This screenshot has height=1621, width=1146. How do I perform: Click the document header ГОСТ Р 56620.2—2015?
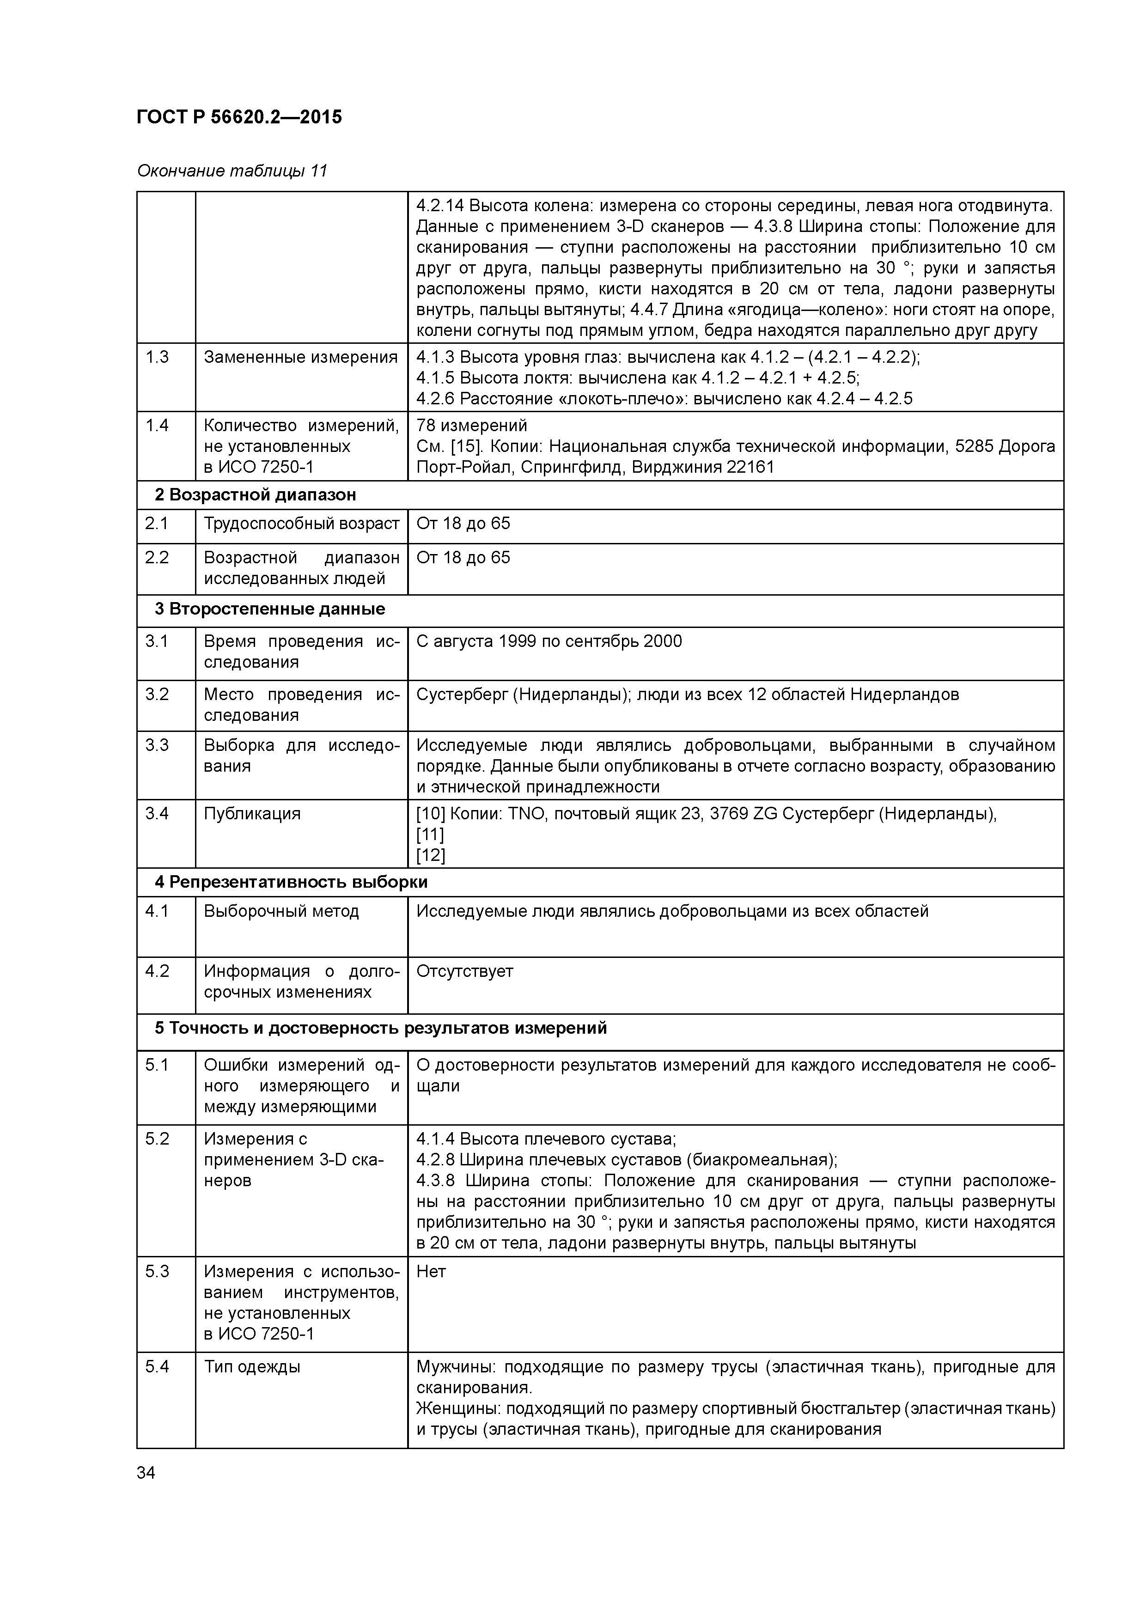pyautogui.click(x=238, y=117)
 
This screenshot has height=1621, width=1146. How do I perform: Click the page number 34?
pyautogui.click(x=146, y=1473)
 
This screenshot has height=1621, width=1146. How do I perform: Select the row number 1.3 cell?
pyautogui.click(x=158, y=357)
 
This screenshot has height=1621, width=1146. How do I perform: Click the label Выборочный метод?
pyautogui.click(x=281, y=911)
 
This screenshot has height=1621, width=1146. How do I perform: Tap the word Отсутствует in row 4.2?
pyautogui.click(x=464, y=971)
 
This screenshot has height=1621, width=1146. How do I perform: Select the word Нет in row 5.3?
pyautogui.click(x=431, y=1272)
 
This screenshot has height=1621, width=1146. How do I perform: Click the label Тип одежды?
pyautogui.click(x=252, y=1367)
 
